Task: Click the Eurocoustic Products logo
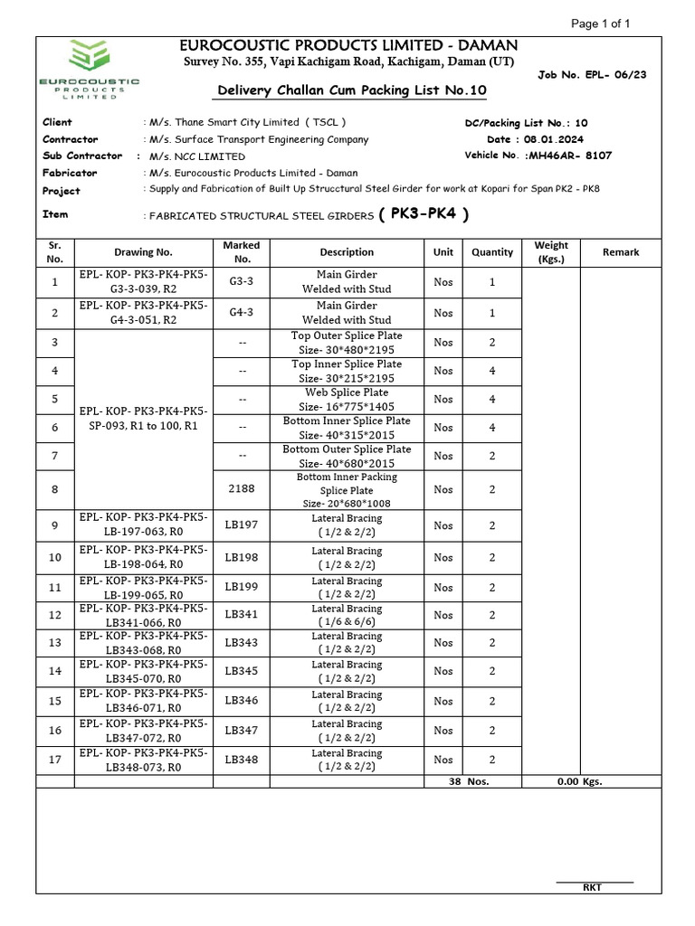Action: click(89, 73)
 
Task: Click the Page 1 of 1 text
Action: click(602, 24)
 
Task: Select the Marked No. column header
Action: click(241, 252)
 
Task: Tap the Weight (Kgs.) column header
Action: click(551, 252)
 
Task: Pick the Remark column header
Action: click(621, 252)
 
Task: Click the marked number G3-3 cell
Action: click(241, 282)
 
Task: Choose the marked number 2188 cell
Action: click(241, 489)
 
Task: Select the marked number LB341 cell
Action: click(241, 615)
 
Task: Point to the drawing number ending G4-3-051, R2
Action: click(143, 313)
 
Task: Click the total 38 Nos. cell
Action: click(469, 781)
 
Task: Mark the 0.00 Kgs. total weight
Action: click(579, 781)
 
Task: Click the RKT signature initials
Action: click(593, 887)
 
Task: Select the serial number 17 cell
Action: click(55, 760)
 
